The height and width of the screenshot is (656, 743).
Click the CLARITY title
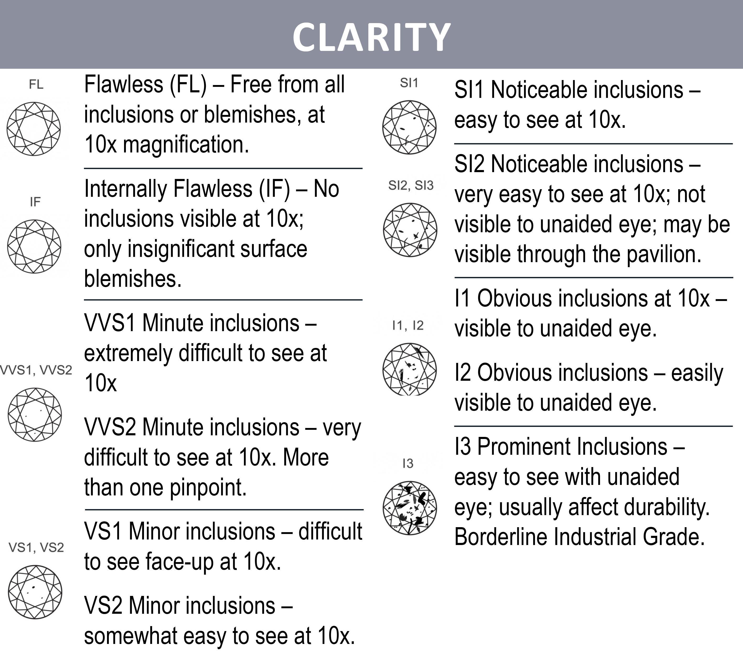pos(371,37)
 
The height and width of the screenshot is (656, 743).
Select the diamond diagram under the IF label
pos(34,246)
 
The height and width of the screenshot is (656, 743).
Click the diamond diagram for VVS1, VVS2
pos(35,415)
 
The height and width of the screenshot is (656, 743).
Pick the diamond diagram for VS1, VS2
pos(35,592)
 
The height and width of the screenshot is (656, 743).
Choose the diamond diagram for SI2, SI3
pos(410,230)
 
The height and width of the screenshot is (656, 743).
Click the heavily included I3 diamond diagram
pos(410,508)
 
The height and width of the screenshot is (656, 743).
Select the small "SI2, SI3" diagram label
pos(411,186)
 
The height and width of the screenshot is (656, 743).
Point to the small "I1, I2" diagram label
pos(408,325)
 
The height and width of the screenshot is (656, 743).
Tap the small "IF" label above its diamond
pos(35,202)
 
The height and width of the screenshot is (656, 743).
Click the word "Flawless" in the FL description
pos(124,84)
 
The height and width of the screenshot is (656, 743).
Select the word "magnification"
pos(186,145)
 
